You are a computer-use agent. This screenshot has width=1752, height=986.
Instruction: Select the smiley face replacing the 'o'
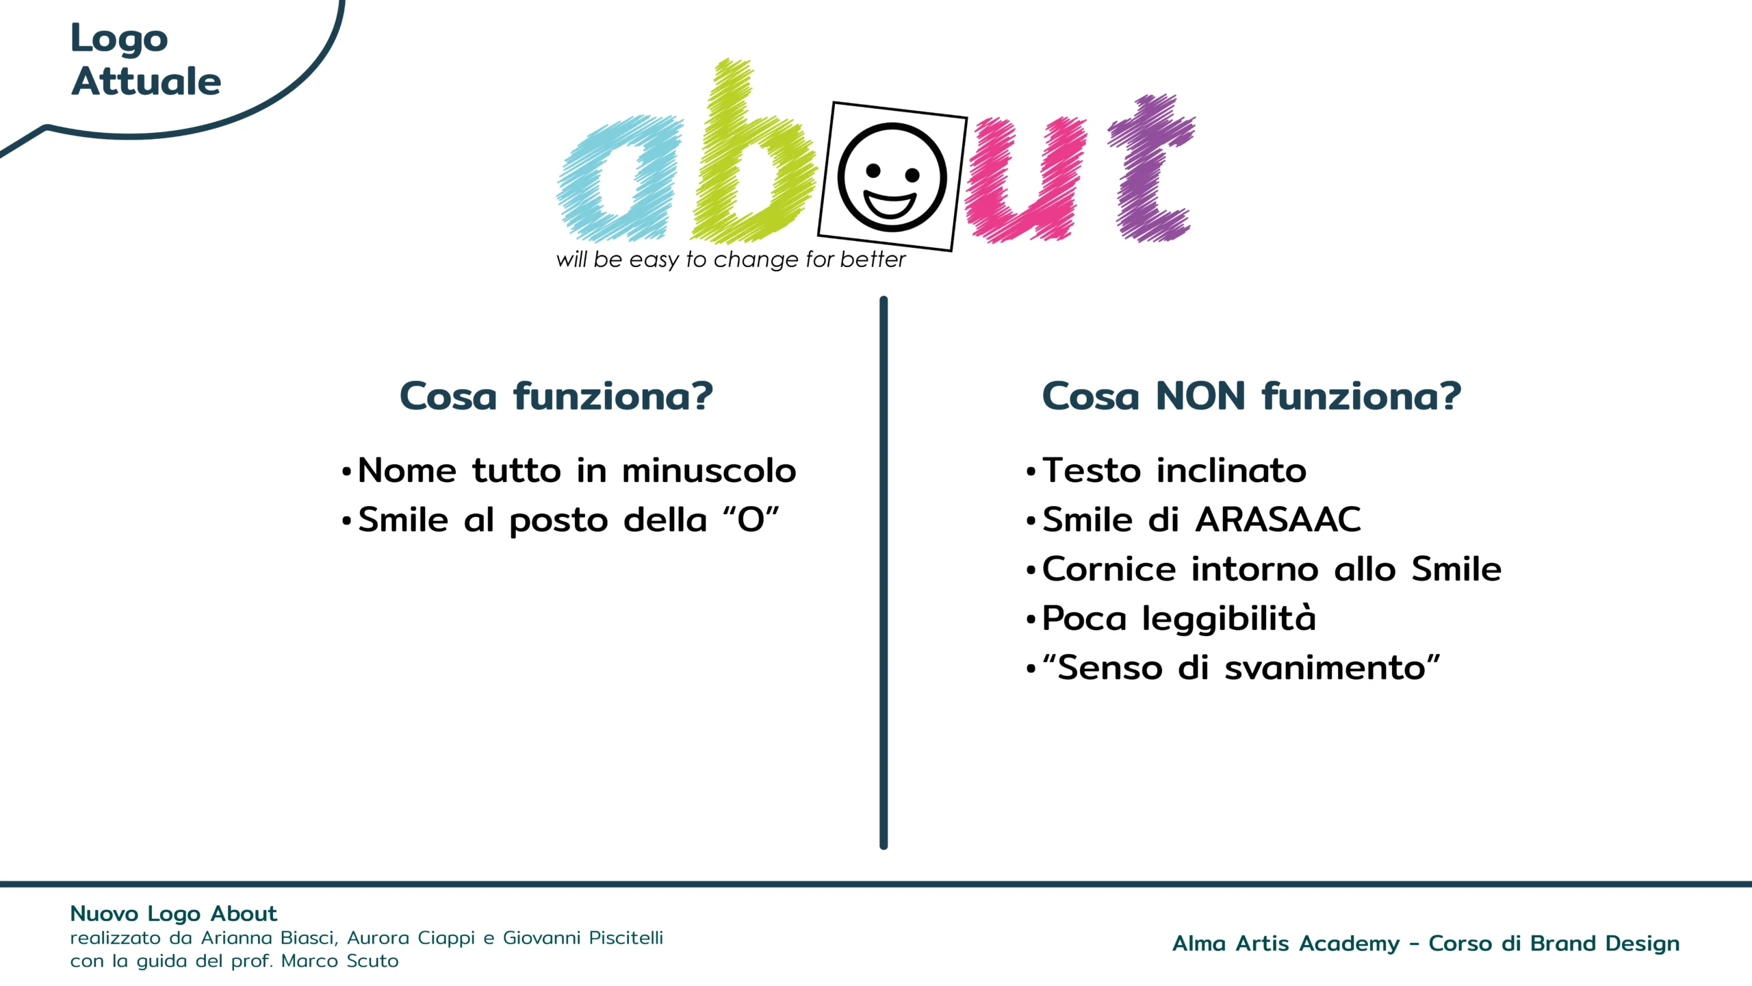click(x=892, y=177)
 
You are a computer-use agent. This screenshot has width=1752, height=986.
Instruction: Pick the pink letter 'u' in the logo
click(x=1025, y=179)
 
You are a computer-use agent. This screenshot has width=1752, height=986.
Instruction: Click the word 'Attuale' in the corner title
click(x=146, y=81)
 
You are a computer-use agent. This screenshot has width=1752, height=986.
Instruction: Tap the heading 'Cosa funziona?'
click(x=556, y=396)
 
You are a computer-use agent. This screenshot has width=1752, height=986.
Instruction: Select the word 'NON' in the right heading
click(x=1200, y=396)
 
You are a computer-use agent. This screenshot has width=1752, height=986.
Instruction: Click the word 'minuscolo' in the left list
click(x=709, y=471)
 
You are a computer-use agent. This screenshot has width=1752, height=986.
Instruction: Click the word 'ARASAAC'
click(x=1278, y=520)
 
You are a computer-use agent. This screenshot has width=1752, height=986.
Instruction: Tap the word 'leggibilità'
click(x=1229, y=620)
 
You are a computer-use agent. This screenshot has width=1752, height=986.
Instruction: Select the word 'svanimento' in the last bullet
click(x=1325, y=668)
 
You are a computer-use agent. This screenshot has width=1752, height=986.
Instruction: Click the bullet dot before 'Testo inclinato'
click(x=1031, y=472)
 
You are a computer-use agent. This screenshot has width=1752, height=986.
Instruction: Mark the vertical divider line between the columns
click(x=884, y=573)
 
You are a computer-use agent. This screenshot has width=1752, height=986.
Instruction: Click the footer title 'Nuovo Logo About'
click(x=174, y=913)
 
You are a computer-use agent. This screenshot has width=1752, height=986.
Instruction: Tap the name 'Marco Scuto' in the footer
click(x=339, y=961)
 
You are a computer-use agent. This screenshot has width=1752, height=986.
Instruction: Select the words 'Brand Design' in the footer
click(x=1605, y=944)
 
